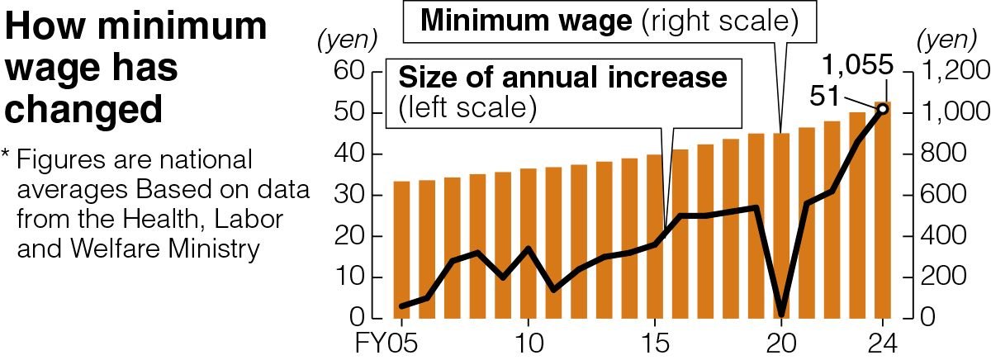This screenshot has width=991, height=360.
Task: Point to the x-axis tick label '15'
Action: [x=655, y=341]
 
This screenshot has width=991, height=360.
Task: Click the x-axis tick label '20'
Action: [x=781, y=341]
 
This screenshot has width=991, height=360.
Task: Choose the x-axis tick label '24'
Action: [x=882, y=341]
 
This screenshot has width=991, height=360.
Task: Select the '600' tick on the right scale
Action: [x=939, y=196]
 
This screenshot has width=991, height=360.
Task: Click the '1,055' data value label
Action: [x=859, y=64]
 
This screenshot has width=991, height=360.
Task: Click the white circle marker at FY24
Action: [x=882, y=109]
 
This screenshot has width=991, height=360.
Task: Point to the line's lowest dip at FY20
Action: [x=781, y=315]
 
